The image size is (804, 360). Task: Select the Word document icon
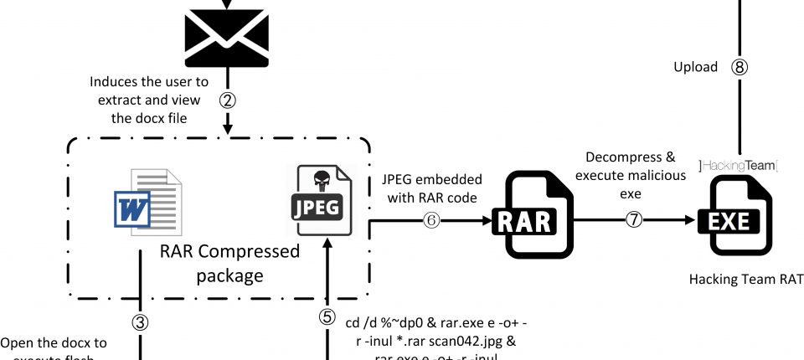[145, 201]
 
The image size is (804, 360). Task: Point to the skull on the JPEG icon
[320, 180]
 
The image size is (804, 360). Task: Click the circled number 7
[632, 220]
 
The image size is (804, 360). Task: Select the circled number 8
[740, 68]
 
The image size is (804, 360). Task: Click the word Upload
[695, 67]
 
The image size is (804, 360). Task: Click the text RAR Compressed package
[230, 263]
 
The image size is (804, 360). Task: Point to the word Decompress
[619, 157]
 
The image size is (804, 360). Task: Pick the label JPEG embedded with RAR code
[432, 188]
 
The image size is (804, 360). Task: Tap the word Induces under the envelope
[118, 82]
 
